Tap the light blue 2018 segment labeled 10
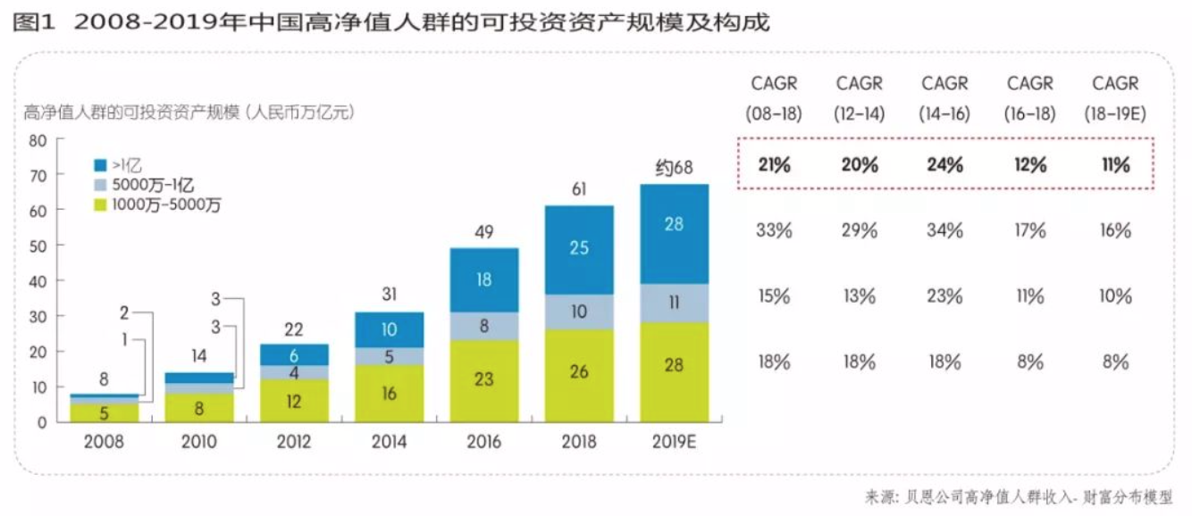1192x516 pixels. click(x=579, y=312)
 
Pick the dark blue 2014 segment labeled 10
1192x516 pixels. click(x=389, y=329)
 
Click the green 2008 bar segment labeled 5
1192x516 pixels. click(x=104, y=412)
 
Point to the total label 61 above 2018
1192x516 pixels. click(x=579, y=189)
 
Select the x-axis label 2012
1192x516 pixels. click(x=294, y=441)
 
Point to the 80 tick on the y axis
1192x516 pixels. click(x=38, y=140)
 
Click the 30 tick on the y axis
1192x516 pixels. click(x=38, y=316)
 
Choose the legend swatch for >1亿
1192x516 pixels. click(x=101, y=165)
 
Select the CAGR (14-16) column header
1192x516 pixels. click(x=944, y=98)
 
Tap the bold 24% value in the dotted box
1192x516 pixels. click(x=944, y=164)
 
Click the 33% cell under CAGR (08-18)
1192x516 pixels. click(x=774, y=229)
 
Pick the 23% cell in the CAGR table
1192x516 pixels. click(x=944, y=295)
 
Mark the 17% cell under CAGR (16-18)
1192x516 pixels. click(x=1029, y=229)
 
